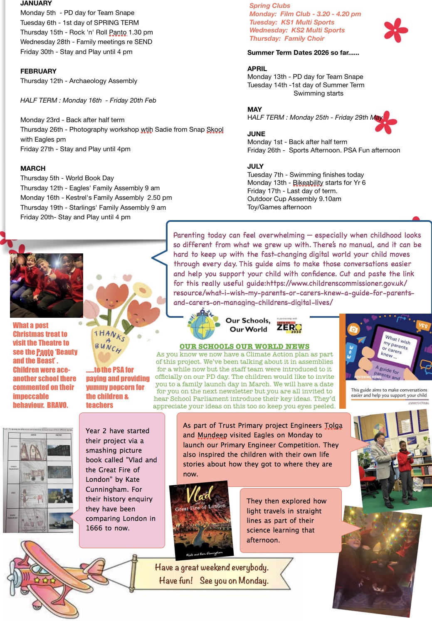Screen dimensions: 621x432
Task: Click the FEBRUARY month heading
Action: [38, 71]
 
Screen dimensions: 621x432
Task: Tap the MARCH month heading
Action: [33, 168]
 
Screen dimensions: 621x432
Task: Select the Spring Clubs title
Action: [269, 6]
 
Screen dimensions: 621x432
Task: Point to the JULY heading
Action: [255, 166]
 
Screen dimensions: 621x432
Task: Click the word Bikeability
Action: [308, 183]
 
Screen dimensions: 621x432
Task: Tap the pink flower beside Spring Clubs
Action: [395, 30]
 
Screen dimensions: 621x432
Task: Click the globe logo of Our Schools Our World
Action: [203, 325]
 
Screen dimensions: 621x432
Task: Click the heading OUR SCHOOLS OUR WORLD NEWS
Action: [244, 346]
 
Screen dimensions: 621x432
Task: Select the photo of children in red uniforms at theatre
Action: [47, 285]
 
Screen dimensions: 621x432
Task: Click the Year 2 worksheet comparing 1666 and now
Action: [38, 480]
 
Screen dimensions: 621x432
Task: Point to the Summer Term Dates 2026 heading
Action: [303, 53]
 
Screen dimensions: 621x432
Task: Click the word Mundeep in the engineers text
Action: [212, 435]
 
